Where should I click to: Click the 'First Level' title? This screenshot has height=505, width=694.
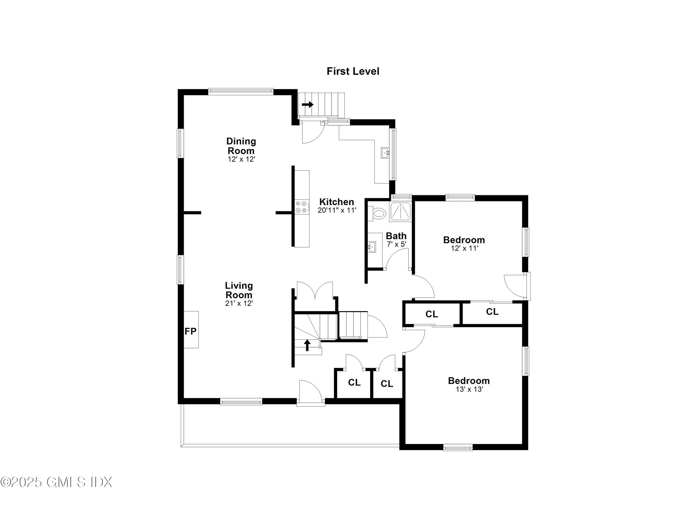pyautogui.click(x=353, y=71)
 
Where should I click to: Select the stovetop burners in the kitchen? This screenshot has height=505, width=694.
pyautogui.click(x=301, y=206)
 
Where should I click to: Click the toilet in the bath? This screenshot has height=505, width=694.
pyautogui.click(x=378, y=213)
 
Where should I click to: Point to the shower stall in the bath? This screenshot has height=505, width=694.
pyautogui.click(x=400, y=211)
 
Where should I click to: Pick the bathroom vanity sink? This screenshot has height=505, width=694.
pyautogui.click(x=372, y=246)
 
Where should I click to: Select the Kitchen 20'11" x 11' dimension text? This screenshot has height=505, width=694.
pyautogui.click(x=337, y=210)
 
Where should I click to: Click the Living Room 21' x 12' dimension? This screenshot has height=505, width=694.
pyautogui.click(x=239, y=303)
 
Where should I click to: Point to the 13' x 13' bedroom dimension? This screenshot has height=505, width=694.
pyautogui.click(x=469, y=389)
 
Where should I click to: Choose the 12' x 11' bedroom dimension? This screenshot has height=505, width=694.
pyautogui.click(x=464, y=248)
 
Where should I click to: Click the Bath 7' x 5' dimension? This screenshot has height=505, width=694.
pyautogui.click(x=396, y=244)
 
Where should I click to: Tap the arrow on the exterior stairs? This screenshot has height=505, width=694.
pyautogui.click(x=307, y=105)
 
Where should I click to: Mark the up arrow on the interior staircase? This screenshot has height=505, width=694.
pyautogui.click(x=307, y=345)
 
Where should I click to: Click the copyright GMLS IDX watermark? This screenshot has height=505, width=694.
pyautogui.click(x=57, y=482)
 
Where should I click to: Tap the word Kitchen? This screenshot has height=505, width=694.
pyautogui.click(x=337, y=202)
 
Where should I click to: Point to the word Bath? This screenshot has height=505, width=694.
pyautogui.click(x=396, y=236)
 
